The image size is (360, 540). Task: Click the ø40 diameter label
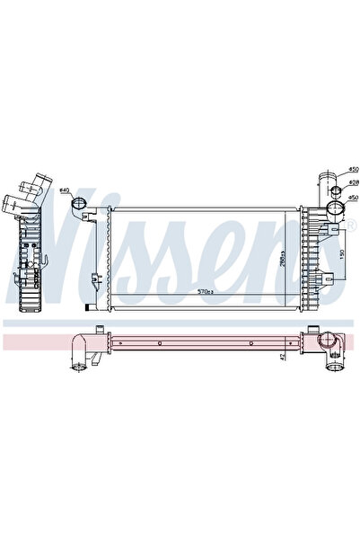66,190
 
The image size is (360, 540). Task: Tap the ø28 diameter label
354,182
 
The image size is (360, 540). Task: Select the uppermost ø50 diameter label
354,169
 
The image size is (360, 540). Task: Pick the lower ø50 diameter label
354,197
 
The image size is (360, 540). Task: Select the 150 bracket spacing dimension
343,253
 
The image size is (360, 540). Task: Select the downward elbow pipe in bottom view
83,350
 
